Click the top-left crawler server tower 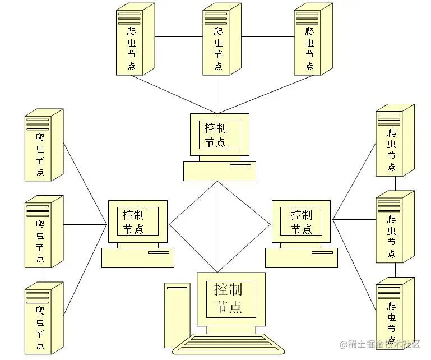pyautogui.click(x=135, y=39)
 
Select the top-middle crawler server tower pyautogui.click(x=221, y=39)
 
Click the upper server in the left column pyautogui.click(x=43, y=146)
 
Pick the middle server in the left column pyautogui.click(x=43, y=231)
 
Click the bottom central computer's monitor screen pyautogui.click(x=230, y=298)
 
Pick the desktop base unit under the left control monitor pyautogui.click(x=137, y=257)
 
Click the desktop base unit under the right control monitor pyautogui.click(x=301, y=257)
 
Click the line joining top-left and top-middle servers pyautogui.click(x=179, y=37)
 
